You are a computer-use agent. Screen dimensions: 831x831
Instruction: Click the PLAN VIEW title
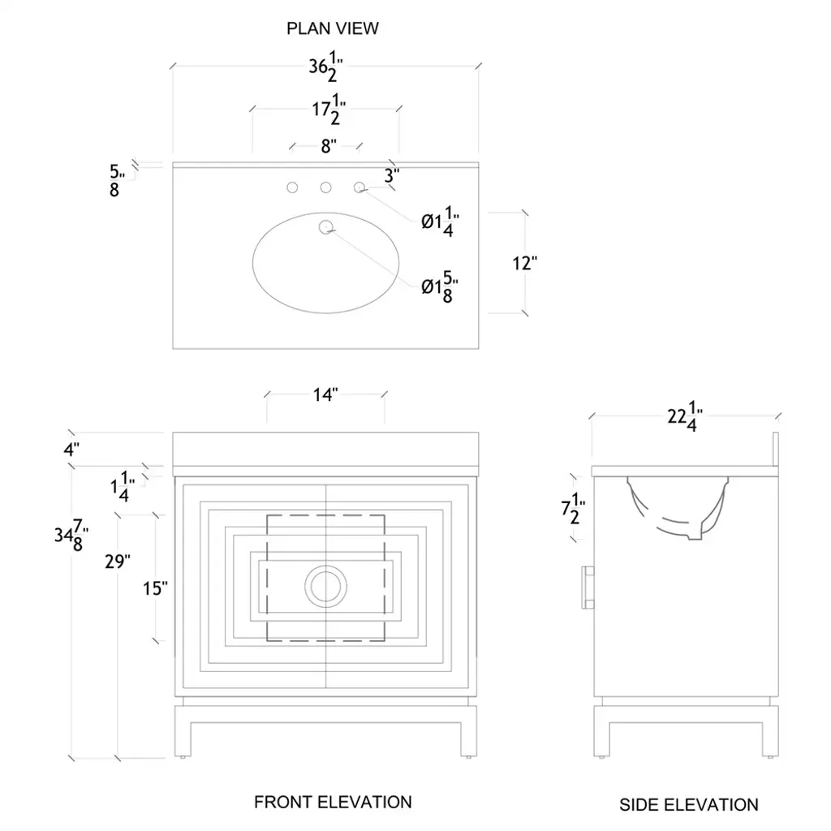[x=333, y=28]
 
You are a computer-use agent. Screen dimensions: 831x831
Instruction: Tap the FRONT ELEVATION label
[x=333, y=802]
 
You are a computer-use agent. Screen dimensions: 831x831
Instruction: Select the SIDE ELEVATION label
[x=689, y=805]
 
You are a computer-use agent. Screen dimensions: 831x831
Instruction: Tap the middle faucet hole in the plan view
[x=325, y=188]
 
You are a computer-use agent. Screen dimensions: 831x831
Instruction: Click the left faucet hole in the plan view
[x=292, y=188]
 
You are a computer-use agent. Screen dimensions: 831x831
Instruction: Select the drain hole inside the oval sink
[x=325, y=226]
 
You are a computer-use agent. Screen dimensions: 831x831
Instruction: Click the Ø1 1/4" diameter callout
[x=440, y=222]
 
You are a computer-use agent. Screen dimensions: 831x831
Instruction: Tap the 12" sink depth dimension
[x=526, y=264]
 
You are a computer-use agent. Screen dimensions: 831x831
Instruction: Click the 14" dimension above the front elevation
[x=325, y=395]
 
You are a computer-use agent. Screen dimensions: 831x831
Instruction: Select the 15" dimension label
[x=154, y=588]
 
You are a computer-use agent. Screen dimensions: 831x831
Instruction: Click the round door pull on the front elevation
[x=325, y=586]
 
